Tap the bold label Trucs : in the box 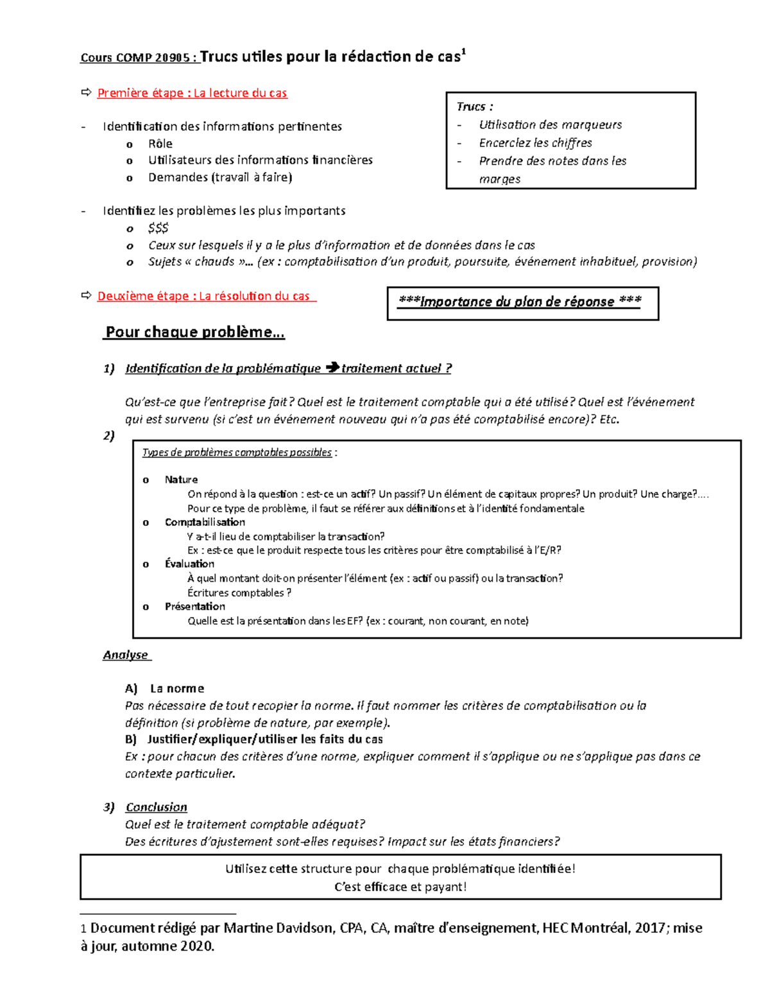point(475,107)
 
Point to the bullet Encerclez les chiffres point(535,143)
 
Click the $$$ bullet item point(158,228)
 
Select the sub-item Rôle point(160,143)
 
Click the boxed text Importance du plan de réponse point(520,302)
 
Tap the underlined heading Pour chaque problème point(194,332)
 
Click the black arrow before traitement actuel point(332,368)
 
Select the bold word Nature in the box point(181,480)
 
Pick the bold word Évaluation point(189,564)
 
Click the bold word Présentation point(194,606)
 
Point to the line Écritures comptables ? point(239,593)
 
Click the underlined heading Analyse point(126,655)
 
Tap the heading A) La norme point(165,688)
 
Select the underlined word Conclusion point(156,807)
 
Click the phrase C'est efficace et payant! point(400,887)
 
